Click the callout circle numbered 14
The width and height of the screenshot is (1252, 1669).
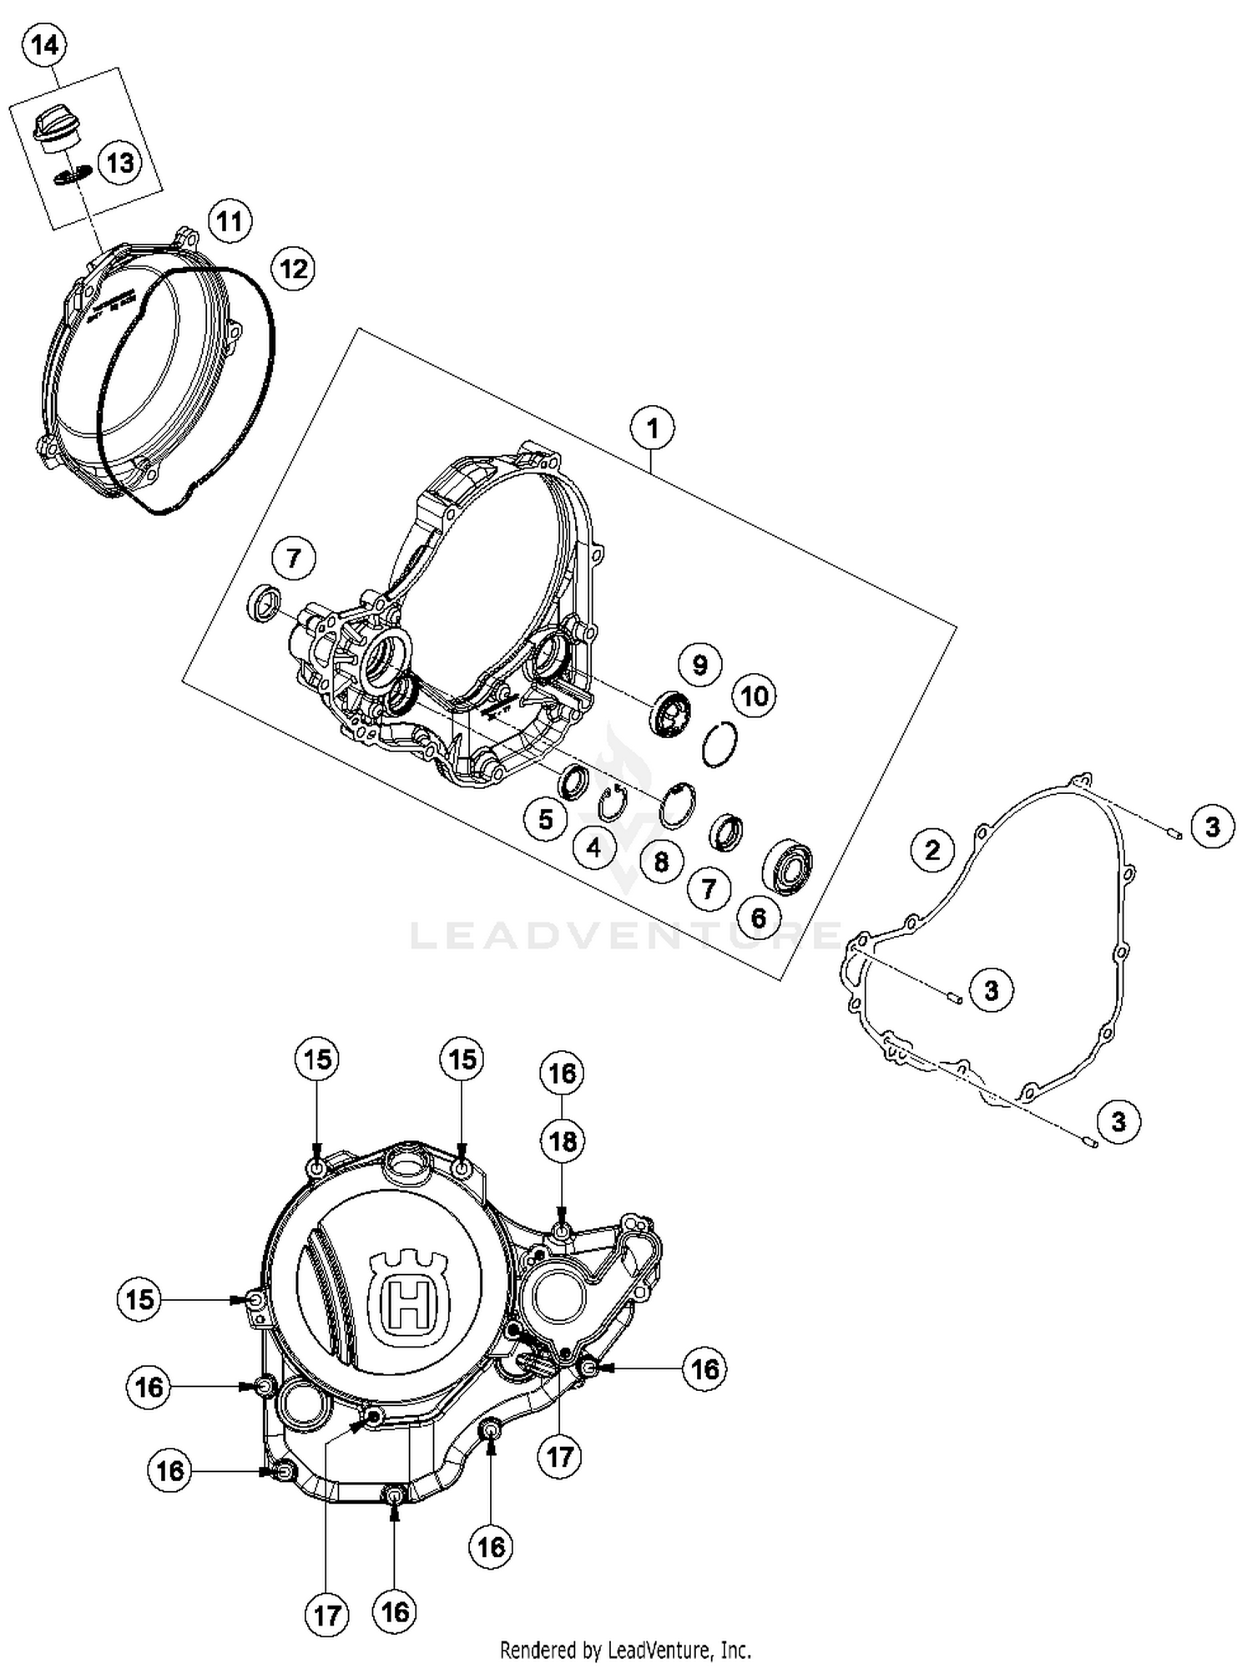point(44,46)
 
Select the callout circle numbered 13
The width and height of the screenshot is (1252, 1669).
point(120,163)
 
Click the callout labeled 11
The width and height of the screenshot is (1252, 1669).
point(230,221)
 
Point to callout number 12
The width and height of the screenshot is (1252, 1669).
point(293,269)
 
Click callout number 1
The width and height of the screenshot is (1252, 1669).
point(652,428)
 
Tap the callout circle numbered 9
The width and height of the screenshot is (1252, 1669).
point(699,665)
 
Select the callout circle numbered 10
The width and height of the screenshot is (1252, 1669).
point(754,695)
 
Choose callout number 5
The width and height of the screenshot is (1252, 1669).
point(546,819)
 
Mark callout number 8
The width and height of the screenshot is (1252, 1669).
point(661,861)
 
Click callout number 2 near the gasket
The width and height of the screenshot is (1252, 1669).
point(932,850)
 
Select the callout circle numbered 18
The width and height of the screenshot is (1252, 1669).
point(563,1140)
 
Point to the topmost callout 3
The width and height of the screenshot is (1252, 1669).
point(1212,827)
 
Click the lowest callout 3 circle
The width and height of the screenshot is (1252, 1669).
point(1118,1120)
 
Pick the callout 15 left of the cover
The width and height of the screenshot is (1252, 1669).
point(139,1298)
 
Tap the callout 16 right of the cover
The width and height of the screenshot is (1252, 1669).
point(704,1368)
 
